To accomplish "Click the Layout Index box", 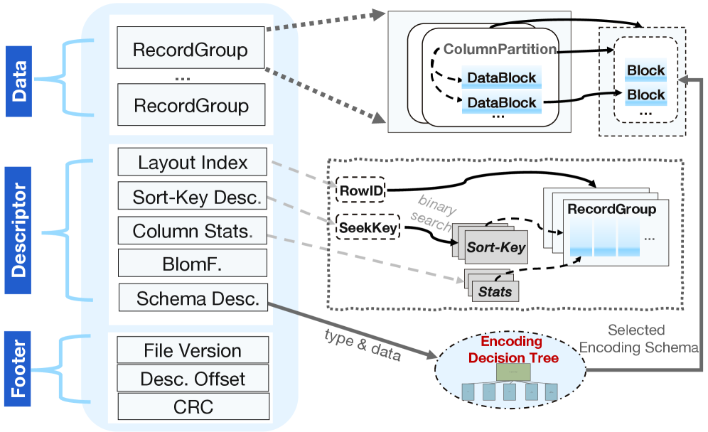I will click(193, 163).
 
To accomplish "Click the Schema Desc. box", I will click(193, 299).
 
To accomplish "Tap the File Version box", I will click(193, 350).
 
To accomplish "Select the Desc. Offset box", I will click(193, 379).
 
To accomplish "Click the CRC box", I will click(193, 407).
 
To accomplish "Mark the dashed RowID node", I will click(360, 190).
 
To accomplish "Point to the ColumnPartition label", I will click(500, 50).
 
